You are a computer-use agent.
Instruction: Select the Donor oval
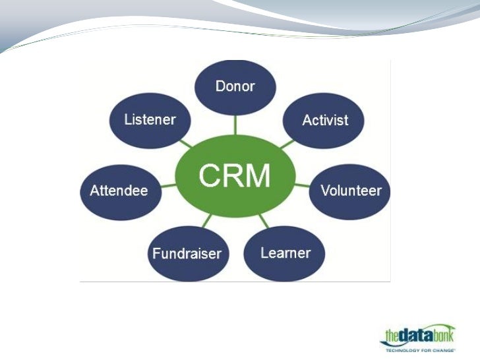(235, 86)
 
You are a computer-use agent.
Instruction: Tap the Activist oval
(324, 120)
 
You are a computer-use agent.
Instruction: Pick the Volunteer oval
(351, 191)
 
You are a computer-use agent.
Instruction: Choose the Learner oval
(285, 253)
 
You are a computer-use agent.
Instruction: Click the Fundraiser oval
(187, 254)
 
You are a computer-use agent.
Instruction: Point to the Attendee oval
(119, 191)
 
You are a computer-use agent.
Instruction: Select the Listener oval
(150, 120)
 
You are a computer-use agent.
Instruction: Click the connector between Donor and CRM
(235, 125)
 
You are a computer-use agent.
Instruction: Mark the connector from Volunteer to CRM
(301, 185)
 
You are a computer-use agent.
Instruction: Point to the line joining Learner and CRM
(264, 221)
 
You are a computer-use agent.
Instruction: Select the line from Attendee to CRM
(169, 187)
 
